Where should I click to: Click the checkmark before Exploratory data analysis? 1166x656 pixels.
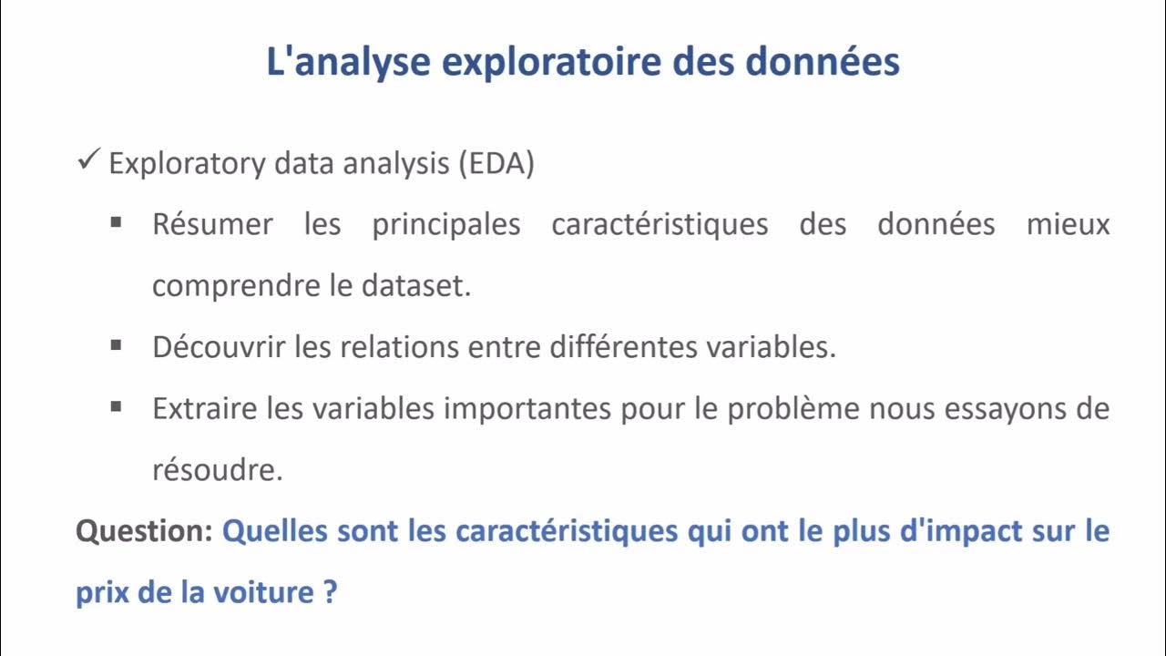[88, 162]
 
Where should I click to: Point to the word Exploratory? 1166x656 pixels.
[189, 165]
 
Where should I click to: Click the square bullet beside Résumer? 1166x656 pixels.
[116, 221]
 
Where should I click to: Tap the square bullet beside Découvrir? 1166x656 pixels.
[116, 345]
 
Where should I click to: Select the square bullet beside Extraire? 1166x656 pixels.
[116, 407]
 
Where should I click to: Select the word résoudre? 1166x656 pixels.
[218, 471]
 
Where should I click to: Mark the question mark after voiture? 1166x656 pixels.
[330, 593]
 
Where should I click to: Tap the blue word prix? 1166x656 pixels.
[102, 594]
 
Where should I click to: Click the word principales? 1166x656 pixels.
[445, 224]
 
